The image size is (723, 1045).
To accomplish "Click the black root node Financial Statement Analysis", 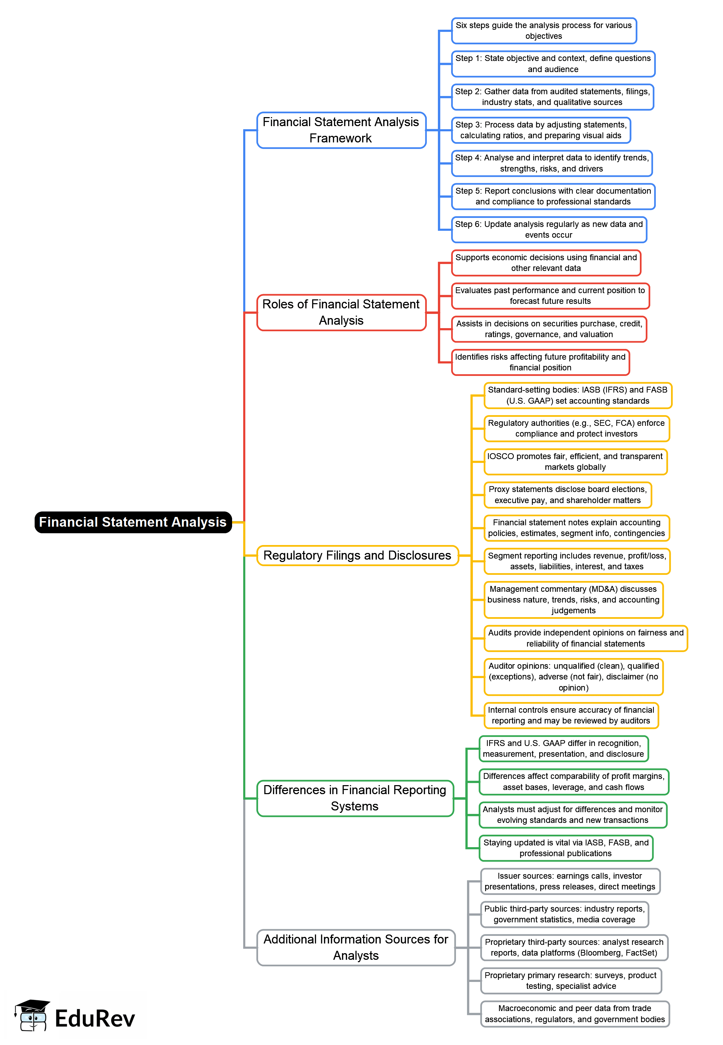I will tap(133, 522).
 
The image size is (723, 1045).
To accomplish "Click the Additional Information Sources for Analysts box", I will tap(356, 947).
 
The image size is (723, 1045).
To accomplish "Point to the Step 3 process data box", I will tap(540, 130).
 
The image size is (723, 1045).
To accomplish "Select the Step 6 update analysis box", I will tap(549, 230).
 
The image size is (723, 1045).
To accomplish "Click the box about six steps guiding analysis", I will tap(544, 31).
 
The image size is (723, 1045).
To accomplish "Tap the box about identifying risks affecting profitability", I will tap(540, 362).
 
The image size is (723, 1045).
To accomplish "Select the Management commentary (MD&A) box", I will tap(573, 599).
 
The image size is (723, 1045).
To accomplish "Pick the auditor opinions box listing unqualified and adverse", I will tap(573, 677).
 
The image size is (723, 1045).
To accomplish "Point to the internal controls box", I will tap(571, 715).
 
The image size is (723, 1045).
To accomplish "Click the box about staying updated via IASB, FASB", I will tap(565, 848).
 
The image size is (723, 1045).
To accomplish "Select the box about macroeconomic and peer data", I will tap(574, 1014).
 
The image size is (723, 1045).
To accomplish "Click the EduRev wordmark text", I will tap(95, 1018).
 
